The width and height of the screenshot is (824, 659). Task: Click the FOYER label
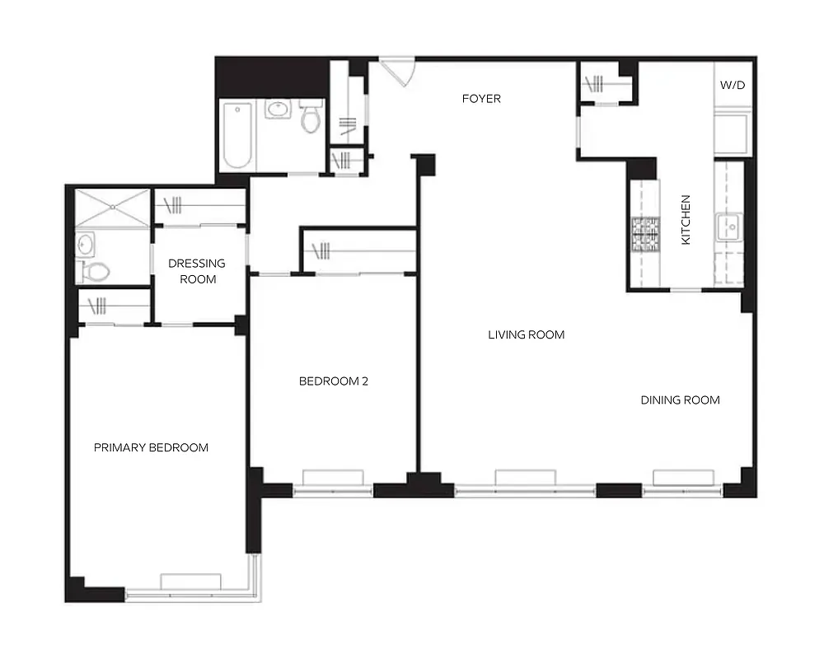pyautogui.click(x=480, y=99)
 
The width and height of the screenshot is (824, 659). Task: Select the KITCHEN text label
pyautogui.click(x=686, y=231)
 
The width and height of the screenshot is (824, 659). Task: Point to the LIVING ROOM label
pyautogui.click(x=526, y=334)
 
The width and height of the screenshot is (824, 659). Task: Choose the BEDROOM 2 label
pyautogui.click(x=333, y=381)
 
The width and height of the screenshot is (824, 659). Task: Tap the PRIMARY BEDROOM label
pyautogui.click(x=151, y=448)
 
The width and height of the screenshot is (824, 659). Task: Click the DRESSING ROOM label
pyautogui.click(x=197, y=271)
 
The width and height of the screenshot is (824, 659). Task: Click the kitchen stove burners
pyautogui.click(x=646, y=234)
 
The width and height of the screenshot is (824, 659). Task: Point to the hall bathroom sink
pyautogui.click(x=278, y=109)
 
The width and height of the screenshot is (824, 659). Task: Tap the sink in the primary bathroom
pyautogui.click(x=85, y=244)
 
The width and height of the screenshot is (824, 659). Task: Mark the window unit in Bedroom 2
pyautogui.click(x=333, y=479)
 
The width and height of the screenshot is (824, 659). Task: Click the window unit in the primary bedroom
pyautogui.click(x=190, y=582)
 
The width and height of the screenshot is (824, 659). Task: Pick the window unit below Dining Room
pyautogui.click(x=683, y=477)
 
